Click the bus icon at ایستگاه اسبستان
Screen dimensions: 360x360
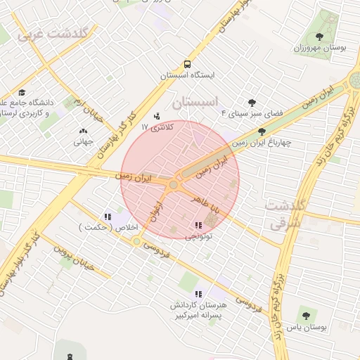187,63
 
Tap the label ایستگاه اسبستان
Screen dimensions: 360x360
187,75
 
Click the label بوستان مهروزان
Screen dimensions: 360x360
320,48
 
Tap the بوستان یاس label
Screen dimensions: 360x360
305,328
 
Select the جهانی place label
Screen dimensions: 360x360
84,141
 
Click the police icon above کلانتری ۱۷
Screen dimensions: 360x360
156,116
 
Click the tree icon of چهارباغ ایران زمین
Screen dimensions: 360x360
262,131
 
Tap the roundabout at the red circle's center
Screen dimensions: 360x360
174,184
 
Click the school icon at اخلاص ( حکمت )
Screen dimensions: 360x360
108,217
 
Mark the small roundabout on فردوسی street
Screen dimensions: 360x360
136,241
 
